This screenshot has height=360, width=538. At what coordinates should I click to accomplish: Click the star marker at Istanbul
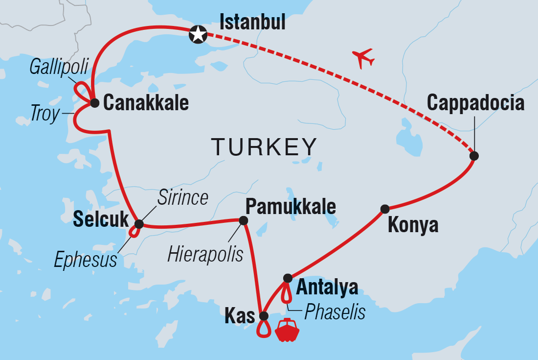tap(198, 34)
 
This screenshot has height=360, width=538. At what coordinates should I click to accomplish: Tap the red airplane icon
tap(363, 58)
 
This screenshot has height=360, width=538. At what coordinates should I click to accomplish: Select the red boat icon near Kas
tap(287, 330)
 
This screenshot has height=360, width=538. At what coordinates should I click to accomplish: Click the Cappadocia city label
tap(475, 103)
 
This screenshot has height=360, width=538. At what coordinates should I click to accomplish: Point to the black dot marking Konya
tap(385, 209)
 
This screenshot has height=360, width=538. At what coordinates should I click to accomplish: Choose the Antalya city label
tap(327, 288)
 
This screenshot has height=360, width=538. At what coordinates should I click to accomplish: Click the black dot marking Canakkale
tap(95, 103)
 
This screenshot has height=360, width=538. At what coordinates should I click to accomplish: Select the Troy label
tap(44, 114)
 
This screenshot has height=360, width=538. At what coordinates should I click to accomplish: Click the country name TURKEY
tap(264, 146)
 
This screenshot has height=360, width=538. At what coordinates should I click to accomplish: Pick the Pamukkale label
tap(291, 207)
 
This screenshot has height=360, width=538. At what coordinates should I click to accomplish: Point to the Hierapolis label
tap(205, 254)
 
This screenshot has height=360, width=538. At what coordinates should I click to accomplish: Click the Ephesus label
tap(86, 260)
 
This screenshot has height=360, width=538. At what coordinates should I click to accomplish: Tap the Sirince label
tap(182, 198)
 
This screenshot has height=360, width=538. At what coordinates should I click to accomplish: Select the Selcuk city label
tap(100, 220)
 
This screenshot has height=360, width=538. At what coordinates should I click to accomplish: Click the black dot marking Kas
tap(264, 315)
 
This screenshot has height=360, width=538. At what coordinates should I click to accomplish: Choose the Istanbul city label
tap(252, 22)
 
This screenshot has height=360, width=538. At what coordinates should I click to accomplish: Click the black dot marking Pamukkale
tap(243, 221)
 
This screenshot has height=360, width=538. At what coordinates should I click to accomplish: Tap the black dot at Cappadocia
tap(473, 156)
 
